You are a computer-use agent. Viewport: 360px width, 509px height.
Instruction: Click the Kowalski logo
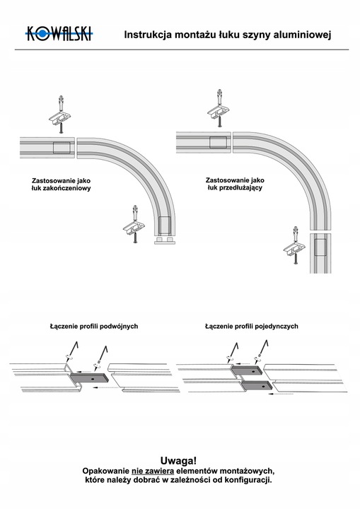pos(59,33)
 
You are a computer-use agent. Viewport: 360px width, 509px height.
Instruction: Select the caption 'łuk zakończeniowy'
pos(61,188)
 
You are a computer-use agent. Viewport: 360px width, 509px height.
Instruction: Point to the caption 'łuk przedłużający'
pos(235,187)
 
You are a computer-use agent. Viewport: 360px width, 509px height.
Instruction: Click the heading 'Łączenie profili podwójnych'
pos(94,326)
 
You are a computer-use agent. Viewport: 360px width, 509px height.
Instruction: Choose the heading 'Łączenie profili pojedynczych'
pos(252,326)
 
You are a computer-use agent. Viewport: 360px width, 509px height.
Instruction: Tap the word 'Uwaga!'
pos(178,461)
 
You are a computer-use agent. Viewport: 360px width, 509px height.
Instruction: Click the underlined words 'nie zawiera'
pos(153,471)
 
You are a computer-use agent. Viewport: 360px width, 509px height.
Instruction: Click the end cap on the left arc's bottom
pos(164,240)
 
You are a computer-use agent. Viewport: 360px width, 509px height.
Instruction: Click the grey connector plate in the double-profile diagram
pos(89,378)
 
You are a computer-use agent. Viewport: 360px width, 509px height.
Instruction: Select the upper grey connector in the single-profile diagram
pos(247,370)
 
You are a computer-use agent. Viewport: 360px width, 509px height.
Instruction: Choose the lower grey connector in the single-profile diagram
pos(257,385)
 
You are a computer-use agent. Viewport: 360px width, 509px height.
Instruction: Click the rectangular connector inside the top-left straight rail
pos(62,148)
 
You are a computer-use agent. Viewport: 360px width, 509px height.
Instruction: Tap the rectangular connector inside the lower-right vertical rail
pos(320,247)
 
